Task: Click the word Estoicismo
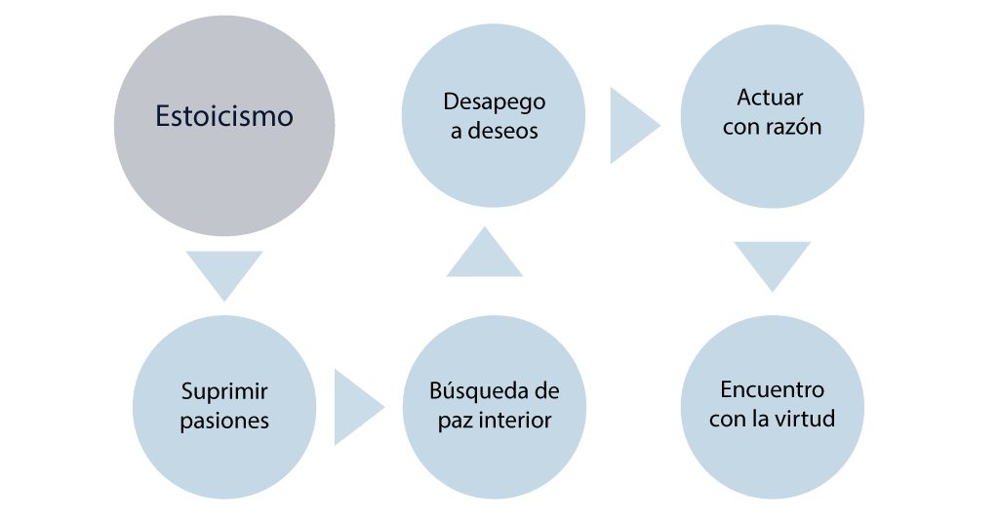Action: [224, 116]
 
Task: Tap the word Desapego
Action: [494, 102]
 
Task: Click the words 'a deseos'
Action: [494, 131]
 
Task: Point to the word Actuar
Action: [771, 98]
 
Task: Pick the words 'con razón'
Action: [772, 127]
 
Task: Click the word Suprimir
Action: [224, 392]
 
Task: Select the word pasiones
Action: [224, 422]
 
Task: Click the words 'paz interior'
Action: [494, 421]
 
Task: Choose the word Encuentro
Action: [772, 389]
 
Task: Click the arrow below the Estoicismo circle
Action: [224, 274]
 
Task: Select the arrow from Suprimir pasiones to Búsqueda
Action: [357, 407]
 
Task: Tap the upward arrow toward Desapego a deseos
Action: [485, 254]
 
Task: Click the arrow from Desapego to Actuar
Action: [632, 126]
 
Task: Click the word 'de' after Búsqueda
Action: [546, 391]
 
